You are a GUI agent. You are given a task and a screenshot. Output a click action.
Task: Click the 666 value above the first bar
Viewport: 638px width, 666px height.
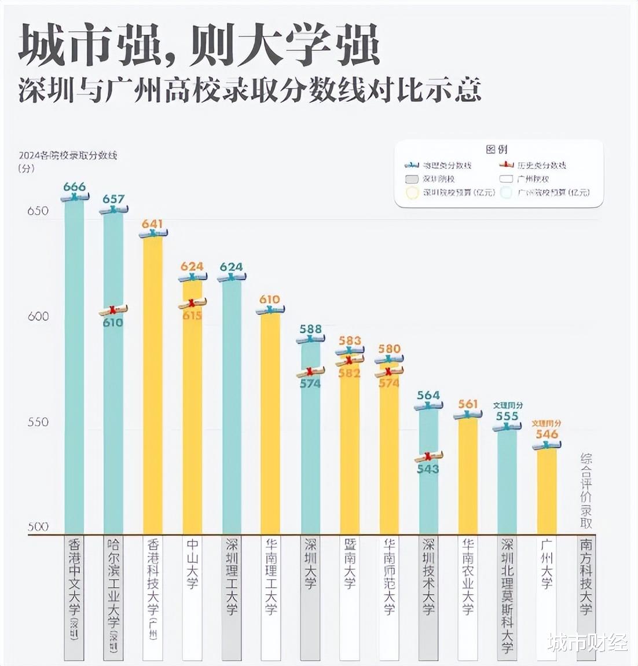point(74,186)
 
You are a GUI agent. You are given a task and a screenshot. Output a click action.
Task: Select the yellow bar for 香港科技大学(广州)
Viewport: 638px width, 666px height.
point(153,382)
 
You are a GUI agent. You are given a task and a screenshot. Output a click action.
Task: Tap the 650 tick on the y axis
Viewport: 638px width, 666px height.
point(38,211)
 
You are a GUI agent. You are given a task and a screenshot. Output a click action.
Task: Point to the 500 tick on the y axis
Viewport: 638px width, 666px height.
point(38,526)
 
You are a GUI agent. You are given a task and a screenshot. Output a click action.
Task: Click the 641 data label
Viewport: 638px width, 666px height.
point(152,224)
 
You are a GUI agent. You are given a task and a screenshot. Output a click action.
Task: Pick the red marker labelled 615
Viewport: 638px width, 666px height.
point(193,303)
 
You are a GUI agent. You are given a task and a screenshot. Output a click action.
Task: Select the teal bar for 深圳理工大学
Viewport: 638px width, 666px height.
point(232,405)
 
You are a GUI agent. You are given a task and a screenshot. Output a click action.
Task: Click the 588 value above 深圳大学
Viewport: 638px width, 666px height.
point(310,329)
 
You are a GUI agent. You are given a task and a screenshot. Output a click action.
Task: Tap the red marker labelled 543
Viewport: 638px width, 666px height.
point(428,456)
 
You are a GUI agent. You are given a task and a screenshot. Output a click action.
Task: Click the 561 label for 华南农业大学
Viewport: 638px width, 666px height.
point(468,404)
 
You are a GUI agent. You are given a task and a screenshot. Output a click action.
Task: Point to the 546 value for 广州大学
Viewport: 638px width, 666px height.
point(547,434)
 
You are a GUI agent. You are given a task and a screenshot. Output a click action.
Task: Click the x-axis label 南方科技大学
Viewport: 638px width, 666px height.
point(586,576)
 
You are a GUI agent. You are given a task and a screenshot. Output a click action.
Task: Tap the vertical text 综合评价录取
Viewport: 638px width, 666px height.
point(586,490)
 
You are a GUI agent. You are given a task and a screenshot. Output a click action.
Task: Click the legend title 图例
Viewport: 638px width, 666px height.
point(497,149)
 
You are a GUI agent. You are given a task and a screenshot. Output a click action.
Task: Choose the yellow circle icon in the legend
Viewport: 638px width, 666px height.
point(412,193)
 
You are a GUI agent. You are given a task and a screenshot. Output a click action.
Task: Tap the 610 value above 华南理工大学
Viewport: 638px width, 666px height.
point(270,299)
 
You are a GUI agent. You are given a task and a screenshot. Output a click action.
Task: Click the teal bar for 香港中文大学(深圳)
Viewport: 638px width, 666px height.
point(74,365)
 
